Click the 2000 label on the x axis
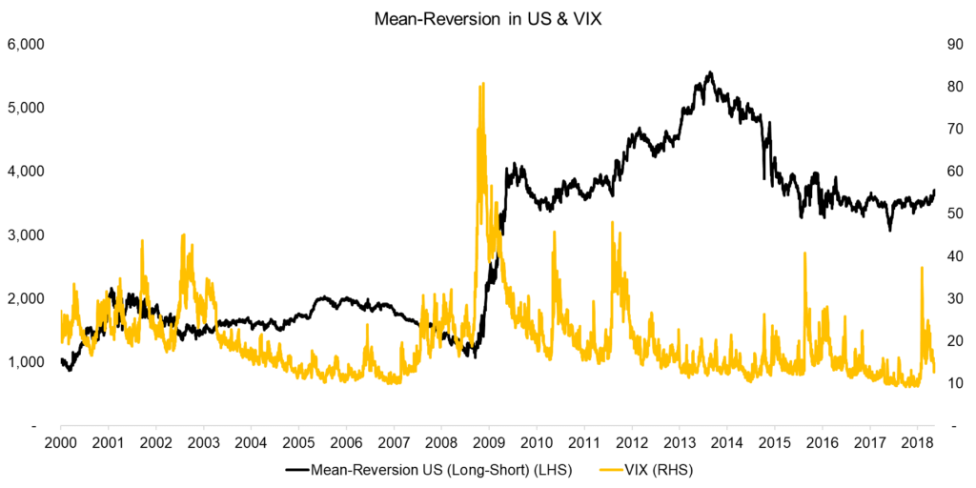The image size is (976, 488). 60,443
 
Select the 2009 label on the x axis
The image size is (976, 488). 488,443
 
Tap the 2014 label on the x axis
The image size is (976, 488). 726,443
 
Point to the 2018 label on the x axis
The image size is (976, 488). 917,443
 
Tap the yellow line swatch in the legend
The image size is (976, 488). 618,469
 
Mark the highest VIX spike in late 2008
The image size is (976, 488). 483,83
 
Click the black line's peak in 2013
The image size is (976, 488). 709,72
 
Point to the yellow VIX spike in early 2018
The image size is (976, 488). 922,268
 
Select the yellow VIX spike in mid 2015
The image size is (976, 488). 805,253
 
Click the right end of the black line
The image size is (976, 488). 935,191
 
